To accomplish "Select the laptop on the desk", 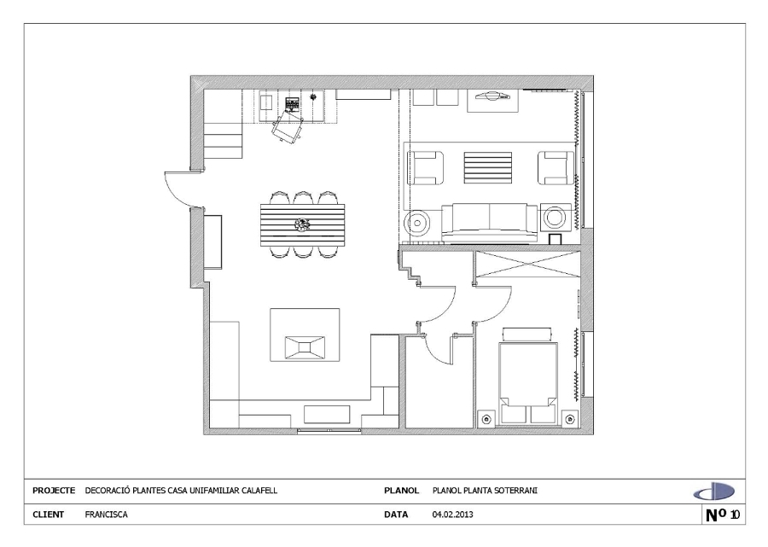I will (x=292, y=106).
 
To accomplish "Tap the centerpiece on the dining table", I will (x=302, y=224).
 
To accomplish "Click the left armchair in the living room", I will (x=425, y=166).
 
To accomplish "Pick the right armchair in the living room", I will (x=556, y=166).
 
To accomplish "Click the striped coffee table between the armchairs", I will (x=487, y=166).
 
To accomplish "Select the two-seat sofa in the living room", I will (x=489, y=220).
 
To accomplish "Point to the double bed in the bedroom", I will (x=526, y=375).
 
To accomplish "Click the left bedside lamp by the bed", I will (x=486, y=418).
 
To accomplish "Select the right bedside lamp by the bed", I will (x=569, y=418).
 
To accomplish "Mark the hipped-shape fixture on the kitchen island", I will (x=305, y=346).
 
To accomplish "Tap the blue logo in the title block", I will (x=713, y=492).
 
